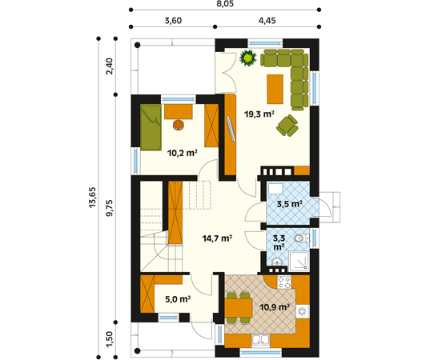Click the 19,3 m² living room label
(x=259, y=114)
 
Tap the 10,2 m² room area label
(x=183, y=153)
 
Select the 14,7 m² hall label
(x=217, y=238)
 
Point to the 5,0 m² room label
(x=178, y=299)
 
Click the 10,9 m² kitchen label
(x=275, y=307)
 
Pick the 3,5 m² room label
(x=289, y=204)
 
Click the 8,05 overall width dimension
(x=225, y=4)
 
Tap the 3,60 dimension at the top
(x=173, y=21)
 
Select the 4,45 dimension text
(x=267, y=21)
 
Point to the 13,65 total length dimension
(x=92, y=198)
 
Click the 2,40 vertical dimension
(x=110, y=66)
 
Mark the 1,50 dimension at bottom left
(x=110, y=339)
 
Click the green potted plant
(x=248, y=58)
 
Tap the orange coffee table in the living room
(x=275, y=89)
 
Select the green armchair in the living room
(x=287, y=126)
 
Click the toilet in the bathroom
(x=302, y=238)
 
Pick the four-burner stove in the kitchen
(x=284, y=282)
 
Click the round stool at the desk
(x=179, y=125)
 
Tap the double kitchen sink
(x=261, y=341)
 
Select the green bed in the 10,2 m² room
(x=151, y=127)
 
